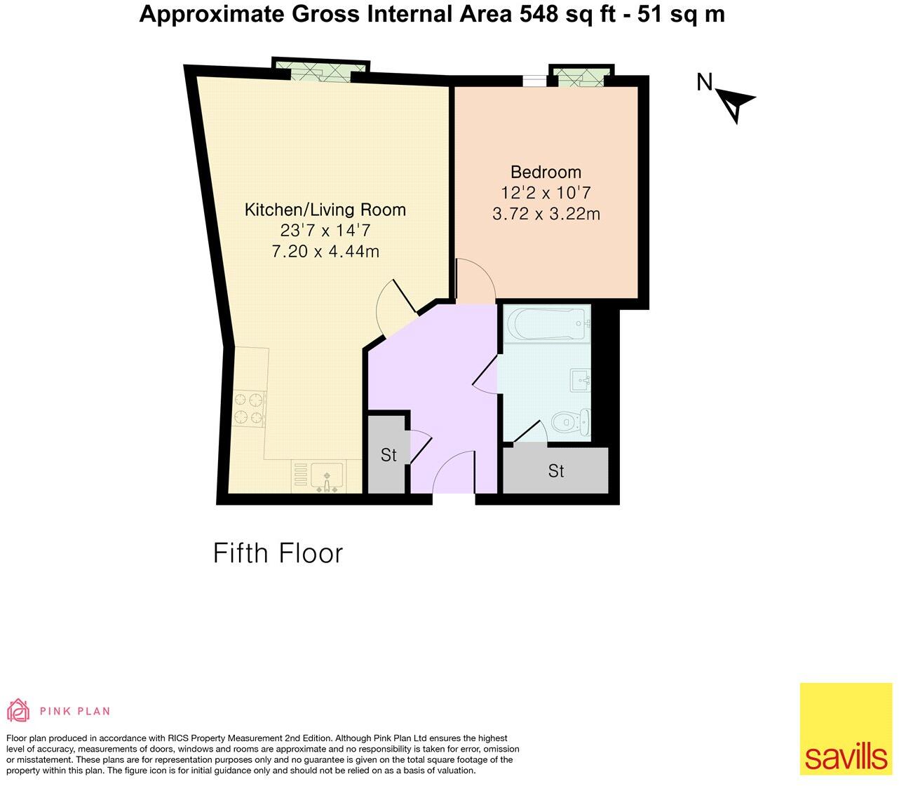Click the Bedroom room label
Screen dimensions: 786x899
[546, 172]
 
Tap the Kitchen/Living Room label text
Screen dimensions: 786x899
[325, 209]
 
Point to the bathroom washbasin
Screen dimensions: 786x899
[581, 381]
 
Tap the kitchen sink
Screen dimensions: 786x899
[326, 476]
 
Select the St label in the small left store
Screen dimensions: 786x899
[388, 455]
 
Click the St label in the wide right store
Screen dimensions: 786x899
[556, 471]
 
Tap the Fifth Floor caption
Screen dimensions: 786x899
[278, 553]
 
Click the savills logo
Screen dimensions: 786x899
[846, 729]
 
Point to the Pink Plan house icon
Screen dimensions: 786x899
[18, 710]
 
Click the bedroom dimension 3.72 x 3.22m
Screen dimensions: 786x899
[546, 214]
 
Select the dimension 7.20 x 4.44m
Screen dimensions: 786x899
[325, 251]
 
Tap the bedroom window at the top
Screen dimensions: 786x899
[581, 76]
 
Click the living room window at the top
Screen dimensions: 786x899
[320, 69]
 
